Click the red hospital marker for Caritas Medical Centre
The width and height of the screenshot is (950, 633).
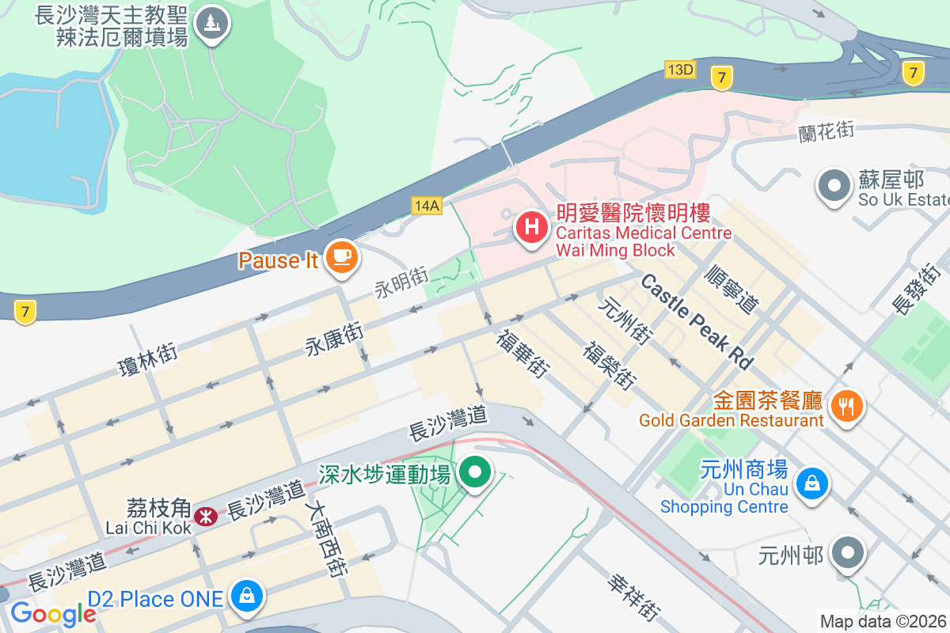pyautogui.click(x=532, y=228)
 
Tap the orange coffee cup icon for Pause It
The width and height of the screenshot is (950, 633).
pyautogui.click(x=342, y=256)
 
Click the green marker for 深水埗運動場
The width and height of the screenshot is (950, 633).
pyautogui.click(x=475, y=472)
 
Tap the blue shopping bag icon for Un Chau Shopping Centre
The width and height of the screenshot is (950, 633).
pyautogui.click(x=811, y=482)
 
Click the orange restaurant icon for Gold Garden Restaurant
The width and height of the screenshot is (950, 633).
pyautogui.click(x=847, y=406)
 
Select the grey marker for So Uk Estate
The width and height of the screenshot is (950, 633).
pyautogui.click(x=834, y=187)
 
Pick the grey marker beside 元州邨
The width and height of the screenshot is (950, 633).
pyautogui.click(x=848, y=552)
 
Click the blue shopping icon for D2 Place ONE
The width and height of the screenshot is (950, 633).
pyautogui.click(x=248, y=596)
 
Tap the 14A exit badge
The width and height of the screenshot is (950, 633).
pyautogui.click(x=426, y=206)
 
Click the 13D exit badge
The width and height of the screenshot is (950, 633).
pyautogui.click(x=680, y=70)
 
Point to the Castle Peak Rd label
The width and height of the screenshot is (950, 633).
pyautogui.click(x=697, y=321)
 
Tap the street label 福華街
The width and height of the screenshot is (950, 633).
pyautogui.click(x=523, y=353)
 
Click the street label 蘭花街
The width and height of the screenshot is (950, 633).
pyautogui.click(x=826, y=131)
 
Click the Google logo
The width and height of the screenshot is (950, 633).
pyautogui.click(x=53, y=613)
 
